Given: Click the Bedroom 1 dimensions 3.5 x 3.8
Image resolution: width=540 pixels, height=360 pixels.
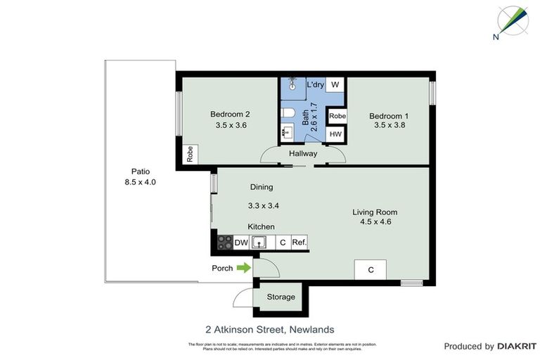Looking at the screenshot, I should [x=390, y=126].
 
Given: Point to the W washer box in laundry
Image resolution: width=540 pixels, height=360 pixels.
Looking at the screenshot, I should [x=335, y=85].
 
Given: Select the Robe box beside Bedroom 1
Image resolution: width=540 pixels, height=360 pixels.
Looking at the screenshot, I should [x=337, y=116].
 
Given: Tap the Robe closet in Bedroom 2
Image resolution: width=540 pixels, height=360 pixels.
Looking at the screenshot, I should [x=190, y=154].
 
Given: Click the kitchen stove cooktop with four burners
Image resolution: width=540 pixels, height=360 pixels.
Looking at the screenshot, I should [x=224, y=243].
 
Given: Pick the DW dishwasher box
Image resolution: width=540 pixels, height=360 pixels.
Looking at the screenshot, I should [x=241, y=243].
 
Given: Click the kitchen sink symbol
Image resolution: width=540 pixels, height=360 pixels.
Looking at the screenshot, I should [x=260, y=243].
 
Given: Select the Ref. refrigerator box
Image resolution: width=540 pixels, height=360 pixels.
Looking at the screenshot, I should [x=300, y=243].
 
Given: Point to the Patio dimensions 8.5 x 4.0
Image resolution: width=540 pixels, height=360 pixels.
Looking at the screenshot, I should [x=139, y=182].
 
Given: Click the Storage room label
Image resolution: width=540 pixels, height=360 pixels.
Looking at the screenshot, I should [x=281, y=297].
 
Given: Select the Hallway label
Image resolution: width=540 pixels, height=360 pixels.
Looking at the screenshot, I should [x=303, y=154].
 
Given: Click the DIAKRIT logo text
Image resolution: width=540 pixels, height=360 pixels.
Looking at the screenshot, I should [x=516, y=346].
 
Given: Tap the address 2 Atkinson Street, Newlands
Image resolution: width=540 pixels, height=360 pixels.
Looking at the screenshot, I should [x=269, y=329].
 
